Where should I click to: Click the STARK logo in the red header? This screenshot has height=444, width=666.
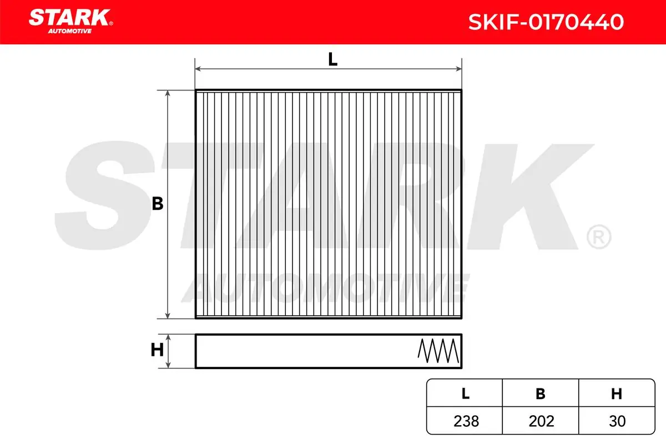pos(70,21)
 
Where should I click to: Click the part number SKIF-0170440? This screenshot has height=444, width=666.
pos(546,22)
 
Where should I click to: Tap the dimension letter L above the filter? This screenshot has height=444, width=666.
pos(332,59)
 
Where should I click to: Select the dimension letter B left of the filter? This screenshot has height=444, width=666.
pos(158,204)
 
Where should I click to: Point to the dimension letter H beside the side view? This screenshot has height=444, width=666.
pos(157,350)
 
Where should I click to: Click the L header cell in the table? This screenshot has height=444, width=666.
pos(466,393)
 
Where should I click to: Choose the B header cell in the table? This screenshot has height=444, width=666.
pos(541,393)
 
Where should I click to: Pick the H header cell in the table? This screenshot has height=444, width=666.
pos(617,393)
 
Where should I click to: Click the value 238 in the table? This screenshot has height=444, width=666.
pos(466,421)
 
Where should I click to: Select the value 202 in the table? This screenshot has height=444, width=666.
pos(542,421)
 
